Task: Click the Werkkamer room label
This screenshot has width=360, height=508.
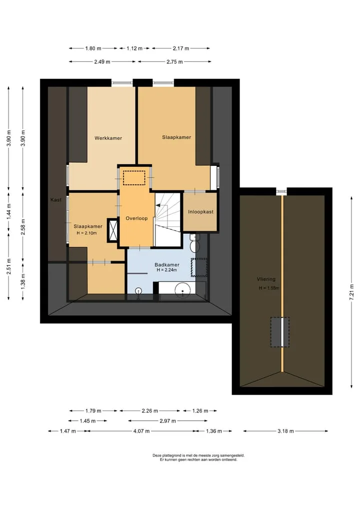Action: (108, 138)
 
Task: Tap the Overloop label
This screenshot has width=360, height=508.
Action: (136, 218)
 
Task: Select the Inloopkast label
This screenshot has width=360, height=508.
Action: (201, 212)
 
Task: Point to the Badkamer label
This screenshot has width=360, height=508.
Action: (166, 265)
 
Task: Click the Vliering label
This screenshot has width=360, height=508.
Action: (266, 279)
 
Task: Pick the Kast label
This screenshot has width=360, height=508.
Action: (56, 200)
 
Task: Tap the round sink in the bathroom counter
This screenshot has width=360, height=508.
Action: (182, 290)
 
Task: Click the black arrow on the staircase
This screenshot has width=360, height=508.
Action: (158, 205)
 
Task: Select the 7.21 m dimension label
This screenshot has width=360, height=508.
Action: (351, 293)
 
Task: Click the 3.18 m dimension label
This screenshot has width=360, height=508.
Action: (285, 431)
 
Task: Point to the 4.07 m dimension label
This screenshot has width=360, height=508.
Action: (141, 431)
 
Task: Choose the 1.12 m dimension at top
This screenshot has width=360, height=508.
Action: (134, 48)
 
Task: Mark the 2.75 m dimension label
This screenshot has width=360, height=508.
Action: (174, 61)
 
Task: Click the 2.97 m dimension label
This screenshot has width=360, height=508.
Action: (167, 421)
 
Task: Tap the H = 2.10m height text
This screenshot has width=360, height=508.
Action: (86, 233)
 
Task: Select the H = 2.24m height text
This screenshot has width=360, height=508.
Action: (166, 270)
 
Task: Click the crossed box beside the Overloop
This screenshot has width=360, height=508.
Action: (113, 231)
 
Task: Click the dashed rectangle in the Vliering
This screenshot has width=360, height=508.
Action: (279, 332)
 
